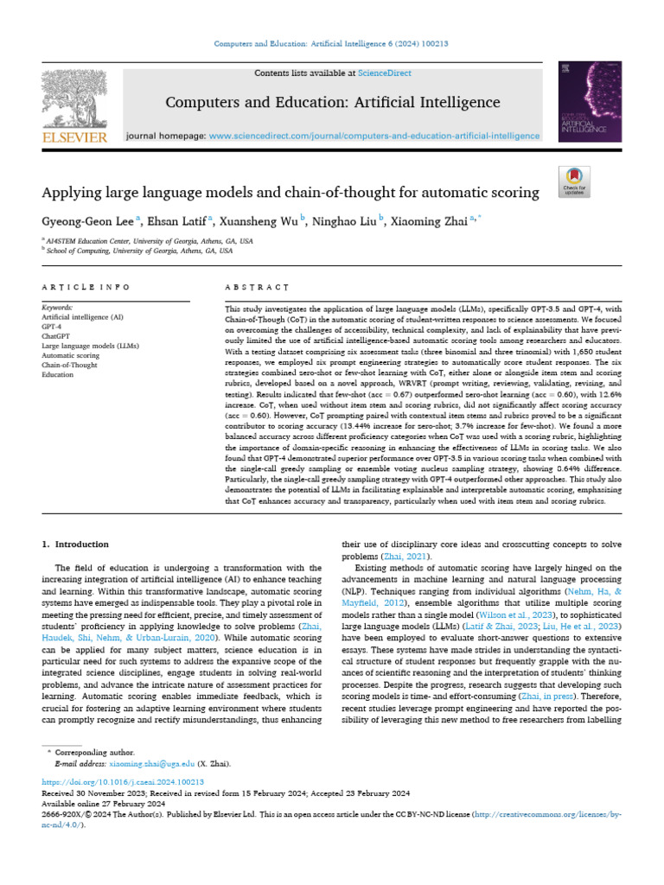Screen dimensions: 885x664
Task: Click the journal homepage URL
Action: coord(375,136)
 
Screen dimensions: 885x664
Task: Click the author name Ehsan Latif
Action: coord(174,220)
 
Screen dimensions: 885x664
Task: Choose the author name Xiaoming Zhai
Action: coord(433,220)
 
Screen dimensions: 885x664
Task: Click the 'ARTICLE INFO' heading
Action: coord(86,287)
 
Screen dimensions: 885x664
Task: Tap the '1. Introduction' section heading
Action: coord(76,544)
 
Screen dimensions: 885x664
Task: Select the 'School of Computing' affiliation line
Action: coord(138,251)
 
